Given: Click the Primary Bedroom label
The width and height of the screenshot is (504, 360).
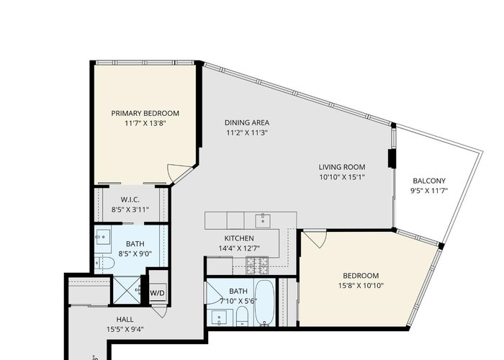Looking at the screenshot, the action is [x=145, y=114].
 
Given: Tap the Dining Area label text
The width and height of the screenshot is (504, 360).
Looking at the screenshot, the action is [x=247, y=123].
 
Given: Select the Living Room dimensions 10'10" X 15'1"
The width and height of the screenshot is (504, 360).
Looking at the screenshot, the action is [x=342, y=177].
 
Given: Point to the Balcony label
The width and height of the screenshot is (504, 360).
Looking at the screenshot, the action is [x=429, y=181].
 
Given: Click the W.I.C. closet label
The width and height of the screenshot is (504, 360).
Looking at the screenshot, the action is [x=130, y=200].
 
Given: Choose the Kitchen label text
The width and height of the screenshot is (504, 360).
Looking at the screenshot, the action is [x=239, y=238].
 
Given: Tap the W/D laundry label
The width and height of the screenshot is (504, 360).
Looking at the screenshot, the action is [x=158, y=293].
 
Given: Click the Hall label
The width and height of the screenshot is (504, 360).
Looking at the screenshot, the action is [x=125, y=320].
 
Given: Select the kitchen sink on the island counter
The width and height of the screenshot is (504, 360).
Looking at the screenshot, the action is [x=263, y=221].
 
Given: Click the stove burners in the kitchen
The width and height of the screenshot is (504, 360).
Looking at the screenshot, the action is [x=257, y=266].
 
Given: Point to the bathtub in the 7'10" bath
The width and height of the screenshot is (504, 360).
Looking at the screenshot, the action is [x=265, y=303].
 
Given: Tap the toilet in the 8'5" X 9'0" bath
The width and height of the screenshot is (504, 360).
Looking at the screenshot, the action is [x=105, y=264].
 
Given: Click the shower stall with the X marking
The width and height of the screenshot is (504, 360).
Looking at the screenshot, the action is [x=127, y=290].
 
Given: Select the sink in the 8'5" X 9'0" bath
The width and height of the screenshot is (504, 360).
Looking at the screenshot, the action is [x=103, y=237].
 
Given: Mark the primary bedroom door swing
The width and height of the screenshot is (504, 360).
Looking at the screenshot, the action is [x=179, y=174].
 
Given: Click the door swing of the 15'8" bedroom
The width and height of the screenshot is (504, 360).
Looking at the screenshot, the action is [x=315, y=238].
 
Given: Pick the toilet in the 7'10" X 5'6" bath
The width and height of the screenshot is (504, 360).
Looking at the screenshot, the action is [x=242, y=315].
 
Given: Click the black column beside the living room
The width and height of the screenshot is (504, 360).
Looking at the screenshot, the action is [x=392, y=158].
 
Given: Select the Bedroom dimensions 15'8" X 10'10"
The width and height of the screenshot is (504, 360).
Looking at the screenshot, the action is [x=361, y=285].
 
